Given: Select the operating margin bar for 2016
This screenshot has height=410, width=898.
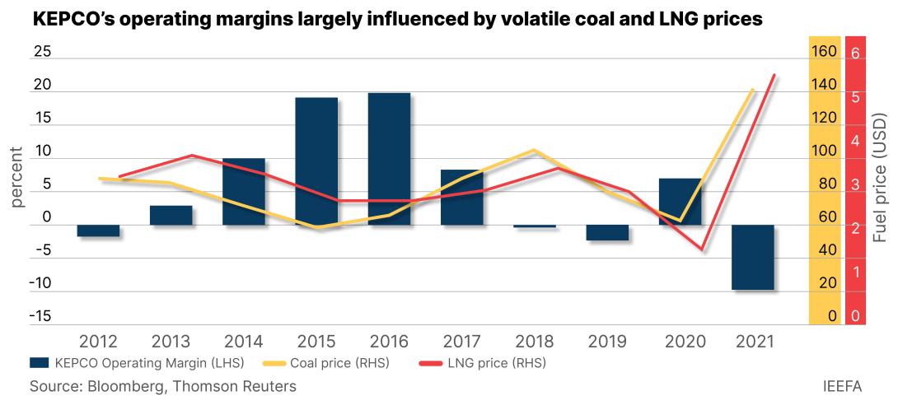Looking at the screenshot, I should [389, 159].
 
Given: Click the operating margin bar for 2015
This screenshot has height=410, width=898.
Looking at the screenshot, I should [316, 161].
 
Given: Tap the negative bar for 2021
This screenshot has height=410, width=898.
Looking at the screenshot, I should [753, 257].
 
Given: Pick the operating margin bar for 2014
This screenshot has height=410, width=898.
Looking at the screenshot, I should [244, 191].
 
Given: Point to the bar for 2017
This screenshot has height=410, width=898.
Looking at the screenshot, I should [462, 197].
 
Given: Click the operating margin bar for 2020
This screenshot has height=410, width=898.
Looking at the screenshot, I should [681, 201].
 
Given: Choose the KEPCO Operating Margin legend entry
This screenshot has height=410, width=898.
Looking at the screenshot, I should [133, 361].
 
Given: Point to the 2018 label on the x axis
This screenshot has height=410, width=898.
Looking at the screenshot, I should [535, 341].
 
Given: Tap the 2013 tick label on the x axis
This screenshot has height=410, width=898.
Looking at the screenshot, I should [171, 341].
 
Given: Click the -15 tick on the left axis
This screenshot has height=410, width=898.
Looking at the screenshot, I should [40, 317].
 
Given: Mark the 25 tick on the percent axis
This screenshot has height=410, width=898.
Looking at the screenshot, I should [41, 52].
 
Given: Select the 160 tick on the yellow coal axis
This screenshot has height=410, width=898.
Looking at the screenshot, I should [825, 52].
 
